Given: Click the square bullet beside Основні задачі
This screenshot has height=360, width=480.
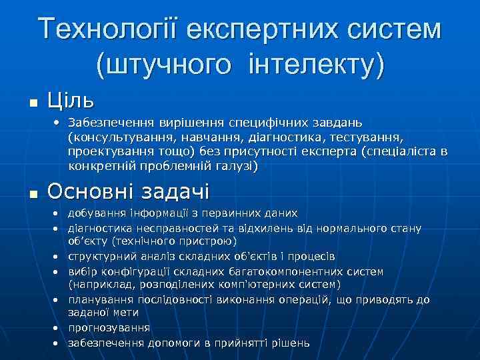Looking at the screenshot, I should (33, 193).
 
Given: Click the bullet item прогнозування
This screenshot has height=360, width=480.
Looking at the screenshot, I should (109, 328).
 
